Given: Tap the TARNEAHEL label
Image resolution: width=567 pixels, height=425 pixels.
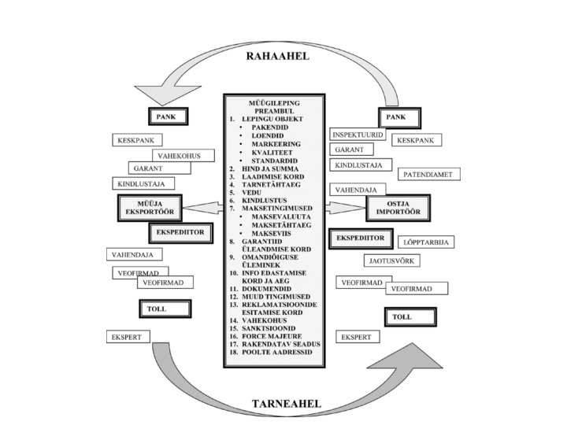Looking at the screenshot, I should [286, 404].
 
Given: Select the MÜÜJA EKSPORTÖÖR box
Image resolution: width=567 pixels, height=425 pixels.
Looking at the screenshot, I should [150, 208].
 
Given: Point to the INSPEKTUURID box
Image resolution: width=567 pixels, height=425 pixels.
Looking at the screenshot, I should [358, 135].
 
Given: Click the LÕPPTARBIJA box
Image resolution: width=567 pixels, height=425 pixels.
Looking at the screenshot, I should [425, 242].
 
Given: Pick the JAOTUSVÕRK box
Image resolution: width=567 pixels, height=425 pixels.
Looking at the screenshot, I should [392, 261].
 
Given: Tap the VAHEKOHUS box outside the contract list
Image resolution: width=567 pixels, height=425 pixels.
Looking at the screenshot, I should [178, 156].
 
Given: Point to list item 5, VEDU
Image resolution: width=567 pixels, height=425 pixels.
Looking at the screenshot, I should [253, 192].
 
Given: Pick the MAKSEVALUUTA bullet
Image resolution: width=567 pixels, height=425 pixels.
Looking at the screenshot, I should [279, 216].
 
